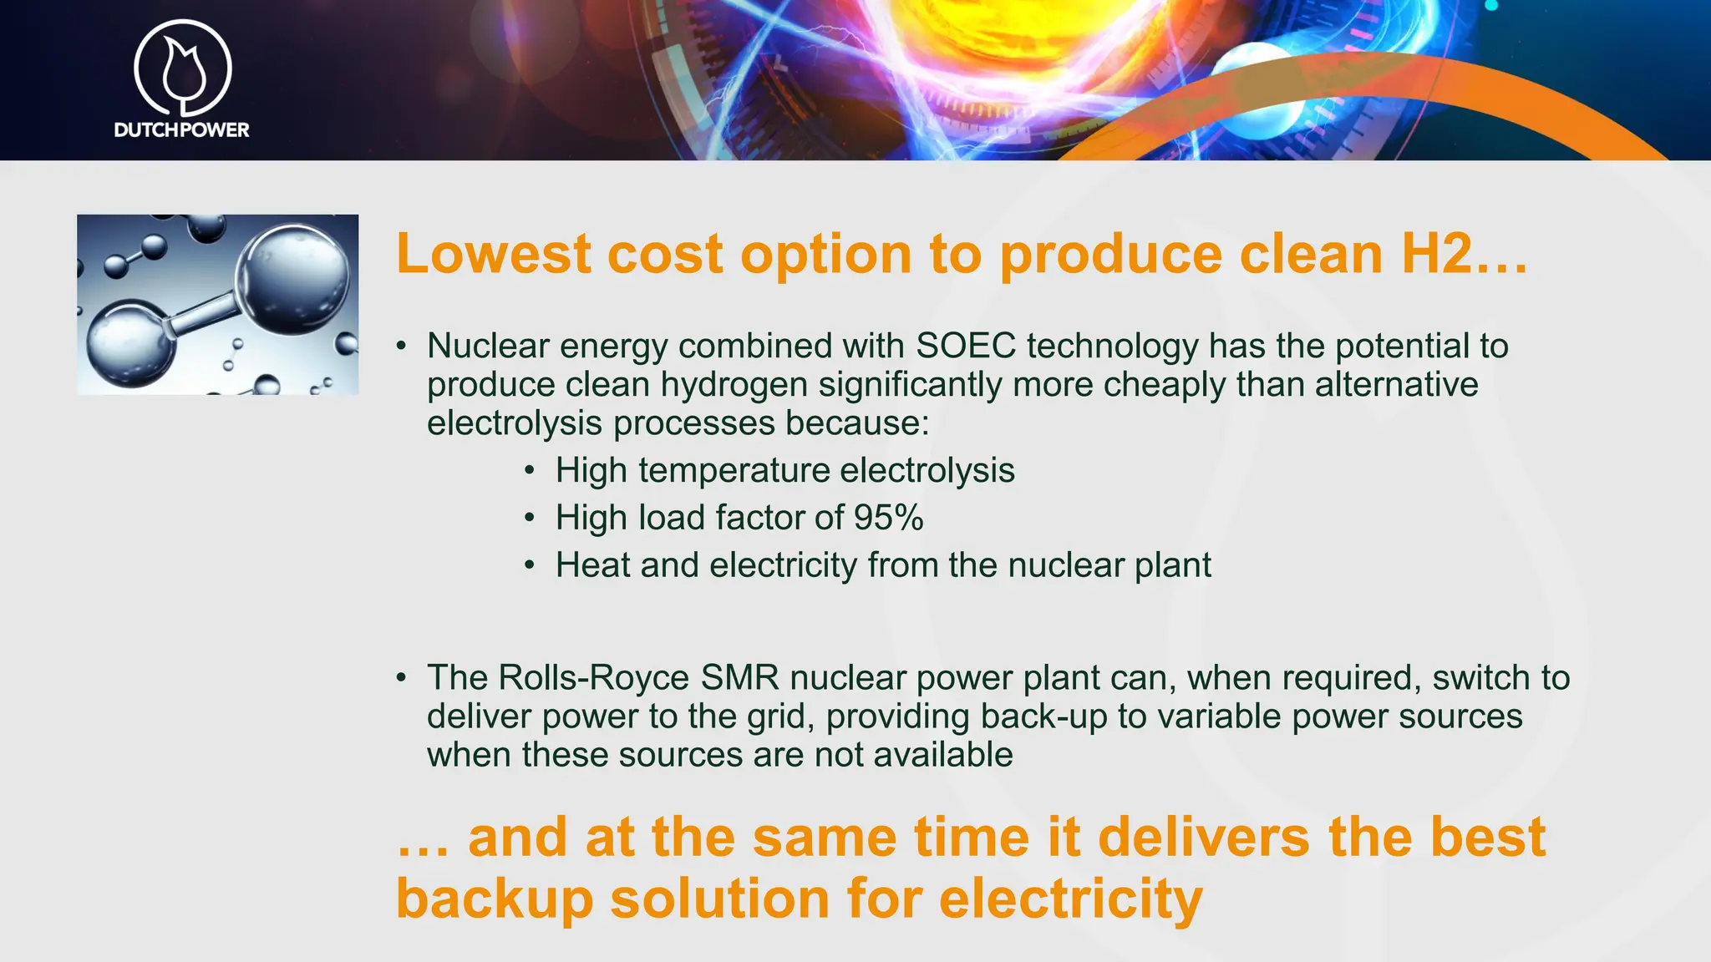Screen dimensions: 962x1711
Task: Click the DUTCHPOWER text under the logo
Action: point(181,129)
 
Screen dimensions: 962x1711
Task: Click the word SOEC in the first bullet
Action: point(966,346)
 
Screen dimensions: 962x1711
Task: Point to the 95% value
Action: point(888,518)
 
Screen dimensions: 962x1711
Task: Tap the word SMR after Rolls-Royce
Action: point(739,678)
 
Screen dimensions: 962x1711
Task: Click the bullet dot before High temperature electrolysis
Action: point(530,470)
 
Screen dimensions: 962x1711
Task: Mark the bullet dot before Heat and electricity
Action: point(530,565)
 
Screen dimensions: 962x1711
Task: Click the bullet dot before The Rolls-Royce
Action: point(402,678)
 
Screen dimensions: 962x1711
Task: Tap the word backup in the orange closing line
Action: point(494,899)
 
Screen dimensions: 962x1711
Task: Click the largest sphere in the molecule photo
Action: point(292,280)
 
